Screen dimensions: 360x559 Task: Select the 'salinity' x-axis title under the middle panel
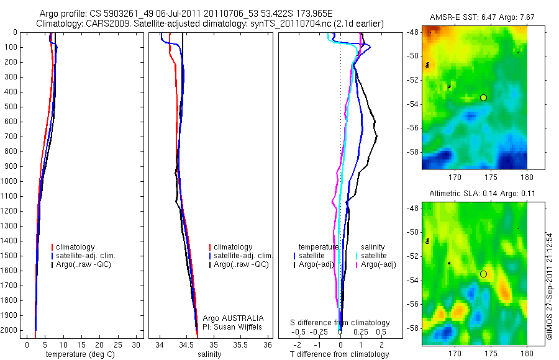point(209,354)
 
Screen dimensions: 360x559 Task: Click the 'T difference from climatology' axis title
point(339,354)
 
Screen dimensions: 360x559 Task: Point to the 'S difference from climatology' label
point(340,323)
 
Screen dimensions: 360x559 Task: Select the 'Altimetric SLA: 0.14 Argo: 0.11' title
point(475,194)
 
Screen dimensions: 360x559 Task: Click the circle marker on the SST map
point(483,97)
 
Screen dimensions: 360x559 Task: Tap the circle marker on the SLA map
point(483,274)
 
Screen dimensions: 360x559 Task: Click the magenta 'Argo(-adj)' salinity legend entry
point(379,264)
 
